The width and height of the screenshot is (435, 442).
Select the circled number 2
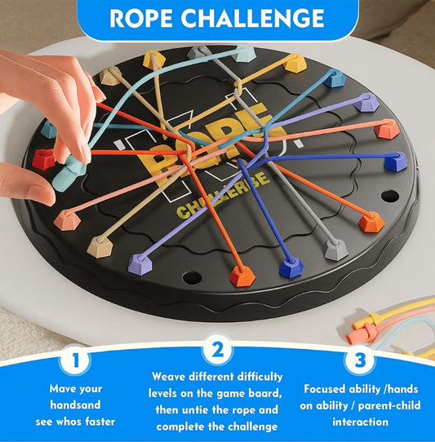pyautogui.click(x=218, y=351)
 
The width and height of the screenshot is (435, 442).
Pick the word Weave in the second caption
pyautogui.click(x=171, y=377)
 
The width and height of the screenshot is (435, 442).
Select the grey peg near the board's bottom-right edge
pyautogui.click(x=335, y=250)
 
